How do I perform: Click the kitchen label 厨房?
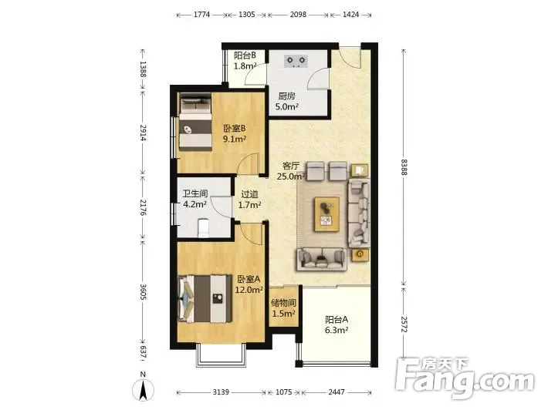[x=286, y=96]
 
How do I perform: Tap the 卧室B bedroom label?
[x=235, y=129]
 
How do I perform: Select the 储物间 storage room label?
[x=283, y=303]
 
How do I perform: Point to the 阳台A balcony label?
[x=337, y=319]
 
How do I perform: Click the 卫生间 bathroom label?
[x=195, y=193]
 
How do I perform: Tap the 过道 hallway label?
[x=250, y=194]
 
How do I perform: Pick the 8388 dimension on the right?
[x=404, y=167]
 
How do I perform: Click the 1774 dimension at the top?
[x=201, y=15]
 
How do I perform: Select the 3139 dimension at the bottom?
[x=221, y=392]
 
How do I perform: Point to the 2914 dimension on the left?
[x=143, y=133]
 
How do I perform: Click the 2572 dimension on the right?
[x=404, y=324]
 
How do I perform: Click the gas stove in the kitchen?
[x=296, y=61]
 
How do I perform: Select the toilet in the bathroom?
[x=204, y=227]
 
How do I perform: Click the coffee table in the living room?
[x=327, y=214]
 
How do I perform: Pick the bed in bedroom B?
[x=195, y=124]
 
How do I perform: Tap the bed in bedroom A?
[x=205, y=299]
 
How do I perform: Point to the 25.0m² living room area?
[x=292, y=176]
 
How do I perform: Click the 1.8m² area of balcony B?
[x=245, y=66]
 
